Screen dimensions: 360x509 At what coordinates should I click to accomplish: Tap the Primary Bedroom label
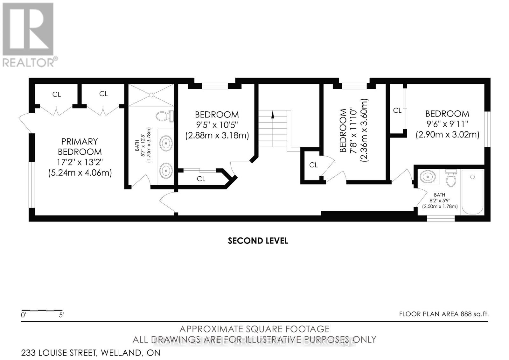[x=80, y=146]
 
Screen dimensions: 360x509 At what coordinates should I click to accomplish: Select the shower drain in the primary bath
[x=151, y=95]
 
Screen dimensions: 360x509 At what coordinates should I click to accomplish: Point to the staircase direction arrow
[x=272, y=115]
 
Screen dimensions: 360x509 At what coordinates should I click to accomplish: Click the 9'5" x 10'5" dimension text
[x=217, y=125]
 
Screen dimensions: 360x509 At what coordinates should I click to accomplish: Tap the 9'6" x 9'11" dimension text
[x=447, y=124]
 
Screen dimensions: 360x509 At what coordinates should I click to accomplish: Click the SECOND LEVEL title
[x=258, y=241]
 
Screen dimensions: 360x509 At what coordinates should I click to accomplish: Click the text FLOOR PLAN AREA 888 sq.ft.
[x=443, y=314]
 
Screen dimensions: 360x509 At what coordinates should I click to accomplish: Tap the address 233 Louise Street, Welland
[x=91, y=353]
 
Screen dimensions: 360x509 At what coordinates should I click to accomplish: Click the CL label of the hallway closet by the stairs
[x=313, y=165]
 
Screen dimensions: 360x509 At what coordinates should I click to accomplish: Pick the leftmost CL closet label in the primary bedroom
[x=57, y=95]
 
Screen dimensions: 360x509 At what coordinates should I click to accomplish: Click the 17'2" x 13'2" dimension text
[x=80, y=162]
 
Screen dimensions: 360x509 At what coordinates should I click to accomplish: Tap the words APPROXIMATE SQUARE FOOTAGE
[x=254, y=329]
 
